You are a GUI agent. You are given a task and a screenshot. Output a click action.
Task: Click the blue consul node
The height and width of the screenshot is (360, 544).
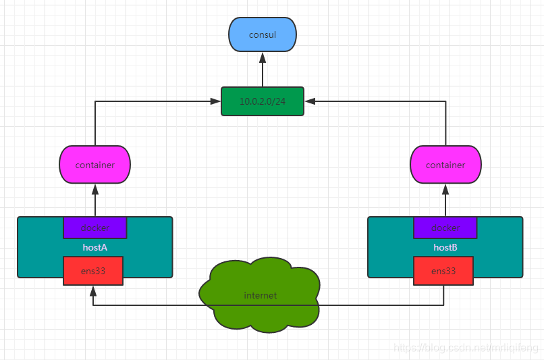tap(263, 34)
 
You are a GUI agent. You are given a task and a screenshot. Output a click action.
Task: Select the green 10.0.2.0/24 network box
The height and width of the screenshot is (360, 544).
tap(263, 101)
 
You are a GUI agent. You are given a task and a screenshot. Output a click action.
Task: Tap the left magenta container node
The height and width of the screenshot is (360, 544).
tap(94, 165)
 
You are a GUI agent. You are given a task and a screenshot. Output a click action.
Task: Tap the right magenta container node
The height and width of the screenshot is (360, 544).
tap(445, 165)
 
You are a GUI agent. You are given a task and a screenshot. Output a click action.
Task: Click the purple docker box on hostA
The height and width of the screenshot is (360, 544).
tap(94, 228)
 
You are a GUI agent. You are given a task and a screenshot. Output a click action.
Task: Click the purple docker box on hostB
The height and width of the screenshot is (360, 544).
tap(445, 228)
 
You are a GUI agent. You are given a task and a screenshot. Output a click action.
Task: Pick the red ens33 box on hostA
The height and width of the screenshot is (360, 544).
tap(93, 271)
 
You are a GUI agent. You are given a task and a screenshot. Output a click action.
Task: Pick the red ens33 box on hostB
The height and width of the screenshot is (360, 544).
tap(443, 271)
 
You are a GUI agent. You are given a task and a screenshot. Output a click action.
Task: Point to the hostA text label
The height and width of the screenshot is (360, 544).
tap(94, 248)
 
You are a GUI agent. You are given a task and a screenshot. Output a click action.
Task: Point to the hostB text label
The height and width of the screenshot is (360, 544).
tap(445, 248)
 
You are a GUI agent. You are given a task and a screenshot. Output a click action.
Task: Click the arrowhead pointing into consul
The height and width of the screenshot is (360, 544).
tap(263, 57)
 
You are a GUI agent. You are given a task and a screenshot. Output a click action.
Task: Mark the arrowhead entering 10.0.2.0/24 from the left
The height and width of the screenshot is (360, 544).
tap(215, 101)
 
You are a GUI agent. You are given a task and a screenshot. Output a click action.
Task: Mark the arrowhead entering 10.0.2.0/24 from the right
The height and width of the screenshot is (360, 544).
tap(310, 101)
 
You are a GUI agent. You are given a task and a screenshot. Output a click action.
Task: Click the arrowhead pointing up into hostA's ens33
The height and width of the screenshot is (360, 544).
tap(93, 291)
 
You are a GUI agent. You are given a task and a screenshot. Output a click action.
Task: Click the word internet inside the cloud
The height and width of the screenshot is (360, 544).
tap(260, 296)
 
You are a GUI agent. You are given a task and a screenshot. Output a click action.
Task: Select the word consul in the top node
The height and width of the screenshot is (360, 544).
tap(263, 34)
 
